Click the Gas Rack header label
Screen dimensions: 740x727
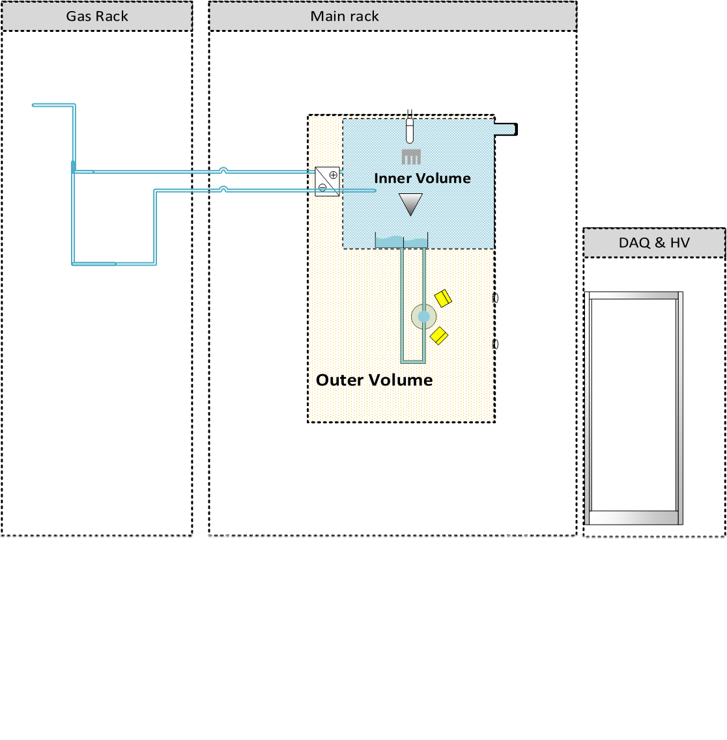pyautogui.click(x=97, y=16)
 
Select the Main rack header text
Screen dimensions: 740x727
pyautogui.click(x=345, y=16)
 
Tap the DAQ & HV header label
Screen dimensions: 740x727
pyautogui.click(x=653, y=243)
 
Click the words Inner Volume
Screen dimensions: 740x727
pyautogui.click(x=422, y=178)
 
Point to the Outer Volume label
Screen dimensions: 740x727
pyautogui.click(x=374, y=379)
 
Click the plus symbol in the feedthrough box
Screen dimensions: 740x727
pyautogui.click(x=333, y=174)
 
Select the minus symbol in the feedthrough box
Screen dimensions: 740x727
pyautogui.click(x=322, y=188)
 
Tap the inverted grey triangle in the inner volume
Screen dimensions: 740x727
pyautogui.click(x=410, y=204)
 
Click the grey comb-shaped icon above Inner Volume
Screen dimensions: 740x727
pyautogui.click(x=411, y=156)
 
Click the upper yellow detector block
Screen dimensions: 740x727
pyautogui.click(x=444, y=298)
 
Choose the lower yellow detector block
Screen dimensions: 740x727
pyautogui.click(x=438, y=335)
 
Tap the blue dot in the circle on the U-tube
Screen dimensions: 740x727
pyautogui.click(x=424, y=316)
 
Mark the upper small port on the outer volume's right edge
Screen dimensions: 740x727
pyautogui.click(x=495, y=298)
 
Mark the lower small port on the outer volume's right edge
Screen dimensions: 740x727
pyautogui.click(x=495, y=343)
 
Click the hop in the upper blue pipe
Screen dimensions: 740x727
pyautogui.click(x=223, y=171)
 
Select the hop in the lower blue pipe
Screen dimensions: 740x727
pyautogui.click(x=223, y=189)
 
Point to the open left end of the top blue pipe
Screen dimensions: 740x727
pyautogui.click(x=34, y=105)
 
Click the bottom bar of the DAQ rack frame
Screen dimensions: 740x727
pyautogui.click(x=633, y=517)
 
